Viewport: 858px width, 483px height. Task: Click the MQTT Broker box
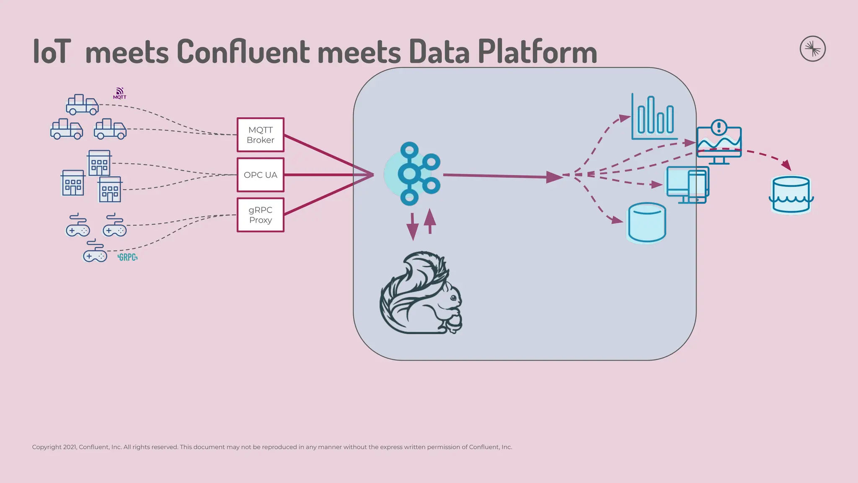[260, 135]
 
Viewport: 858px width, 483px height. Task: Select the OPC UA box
[260, 175]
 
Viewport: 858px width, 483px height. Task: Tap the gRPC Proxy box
[260, 215]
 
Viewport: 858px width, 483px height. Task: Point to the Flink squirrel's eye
[453, 298]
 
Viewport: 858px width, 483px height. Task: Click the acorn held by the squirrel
[455, 323]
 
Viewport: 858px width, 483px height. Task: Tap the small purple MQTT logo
[119, 93]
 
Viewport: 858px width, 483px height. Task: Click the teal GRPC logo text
[127, 257]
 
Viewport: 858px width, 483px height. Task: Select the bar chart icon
[654, 117]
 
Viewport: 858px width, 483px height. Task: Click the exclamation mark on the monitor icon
[719, 127]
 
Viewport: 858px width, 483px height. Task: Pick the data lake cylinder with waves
[791, 195]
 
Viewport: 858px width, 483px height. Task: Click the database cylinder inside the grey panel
[647, 223]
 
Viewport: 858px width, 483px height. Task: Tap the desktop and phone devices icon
[687, 185]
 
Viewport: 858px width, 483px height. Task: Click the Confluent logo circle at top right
[812, 49]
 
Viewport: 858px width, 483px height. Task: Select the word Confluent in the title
[243, 52]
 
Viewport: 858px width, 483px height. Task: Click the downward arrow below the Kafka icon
[413, 227]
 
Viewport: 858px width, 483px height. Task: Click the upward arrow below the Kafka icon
[430, 221]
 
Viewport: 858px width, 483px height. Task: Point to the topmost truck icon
[82, 105]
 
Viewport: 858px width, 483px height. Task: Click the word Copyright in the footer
[47, 447]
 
